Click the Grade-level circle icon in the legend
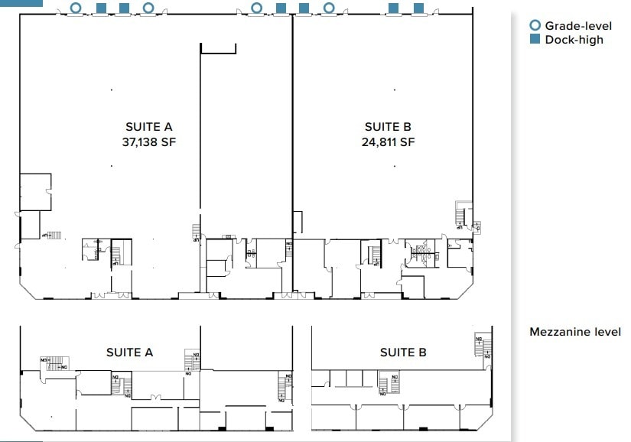535,26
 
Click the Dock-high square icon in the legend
535,40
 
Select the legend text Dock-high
574,40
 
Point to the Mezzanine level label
575,332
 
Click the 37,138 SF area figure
149,141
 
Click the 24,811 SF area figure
388,141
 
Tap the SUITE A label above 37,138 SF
149,127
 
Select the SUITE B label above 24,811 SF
388,127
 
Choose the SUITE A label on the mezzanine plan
129,353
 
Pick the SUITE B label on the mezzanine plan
403,353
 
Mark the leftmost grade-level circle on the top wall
75,8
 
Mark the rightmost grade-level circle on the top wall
329,8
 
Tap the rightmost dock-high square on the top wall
418,8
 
